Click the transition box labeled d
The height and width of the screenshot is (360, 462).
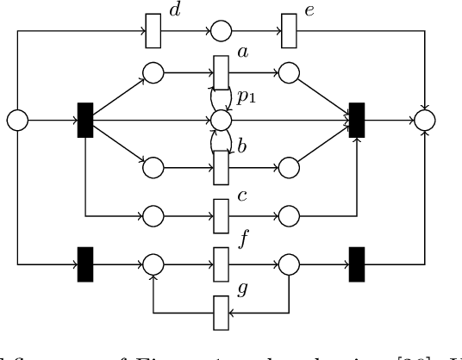tap(153, 33)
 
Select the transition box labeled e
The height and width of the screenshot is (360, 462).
tap(290, 33)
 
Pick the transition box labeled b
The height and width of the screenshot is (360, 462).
tap(222, 164)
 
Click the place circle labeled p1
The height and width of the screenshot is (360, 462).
tap(222, 119)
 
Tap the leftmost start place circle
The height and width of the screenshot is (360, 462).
tap(17, 120)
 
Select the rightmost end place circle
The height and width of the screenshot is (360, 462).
tap(424, 120)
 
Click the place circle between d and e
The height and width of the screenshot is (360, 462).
tap(222, 33)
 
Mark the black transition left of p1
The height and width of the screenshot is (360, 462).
tap(85, 120)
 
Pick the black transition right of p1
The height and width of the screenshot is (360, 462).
tap(357, 120)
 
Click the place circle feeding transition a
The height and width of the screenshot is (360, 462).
tap(153, 73)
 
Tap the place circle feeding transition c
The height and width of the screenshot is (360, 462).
tap(153, 214)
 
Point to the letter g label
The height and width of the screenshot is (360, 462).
tap(242, 290)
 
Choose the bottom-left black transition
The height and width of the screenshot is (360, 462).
tap(85, 262)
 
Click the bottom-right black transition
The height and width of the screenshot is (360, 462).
tap(357, 262)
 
